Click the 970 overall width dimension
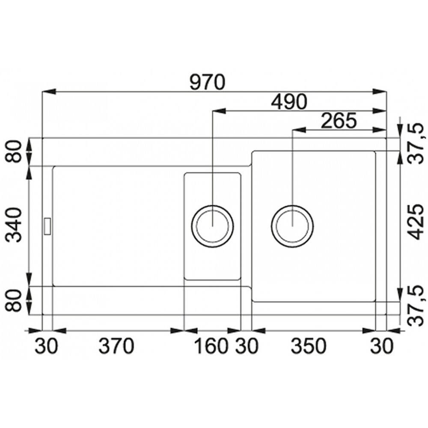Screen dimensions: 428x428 click(208, 82)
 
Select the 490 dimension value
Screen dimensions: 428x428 click(289, 101)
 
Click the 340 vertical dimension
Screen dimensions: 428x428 click(14, 225)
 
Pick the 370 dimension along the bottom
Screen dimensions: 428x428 click(116, 346)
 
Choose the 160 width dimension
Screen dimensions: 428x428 click(211, 346)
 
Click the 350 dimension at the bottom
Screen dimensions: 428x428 click(309, 346)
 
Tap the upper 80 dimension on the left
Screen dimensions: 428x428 click(14, 151)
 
